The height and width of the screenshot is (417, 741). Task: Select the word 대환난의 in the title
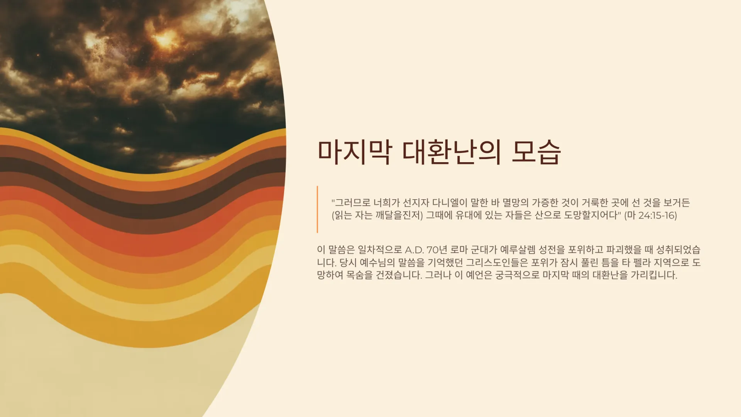coord(452,152)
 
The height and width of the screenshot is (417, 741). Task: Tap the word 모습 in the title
coord(536,152)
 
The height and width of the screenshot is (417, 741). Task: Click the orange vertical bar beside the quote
coord(317,209)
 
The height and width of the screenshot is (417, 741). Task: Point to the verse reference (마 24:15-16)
coord(650,215)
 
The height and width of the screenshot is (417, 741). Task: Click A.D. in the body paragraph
coord(414,250)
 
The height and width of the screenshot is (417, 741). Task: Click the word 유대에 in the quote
coord(469,215)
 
